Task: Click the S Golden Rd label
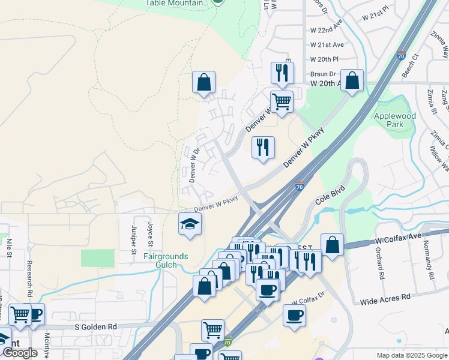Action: [96, 326]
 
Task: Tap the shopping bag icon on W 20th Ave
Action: [352, 80]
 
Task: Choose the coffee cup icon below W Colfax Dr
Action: [294, 316]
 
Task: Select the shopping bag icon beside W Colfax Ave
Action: [332, 245]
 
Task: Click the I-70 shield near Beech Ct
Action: [401, 56]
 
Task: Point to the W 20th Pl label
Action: [324, 59]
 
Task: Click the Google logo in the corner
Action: [20, 353]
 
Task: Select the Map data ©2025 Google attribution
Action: [411, 355]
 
